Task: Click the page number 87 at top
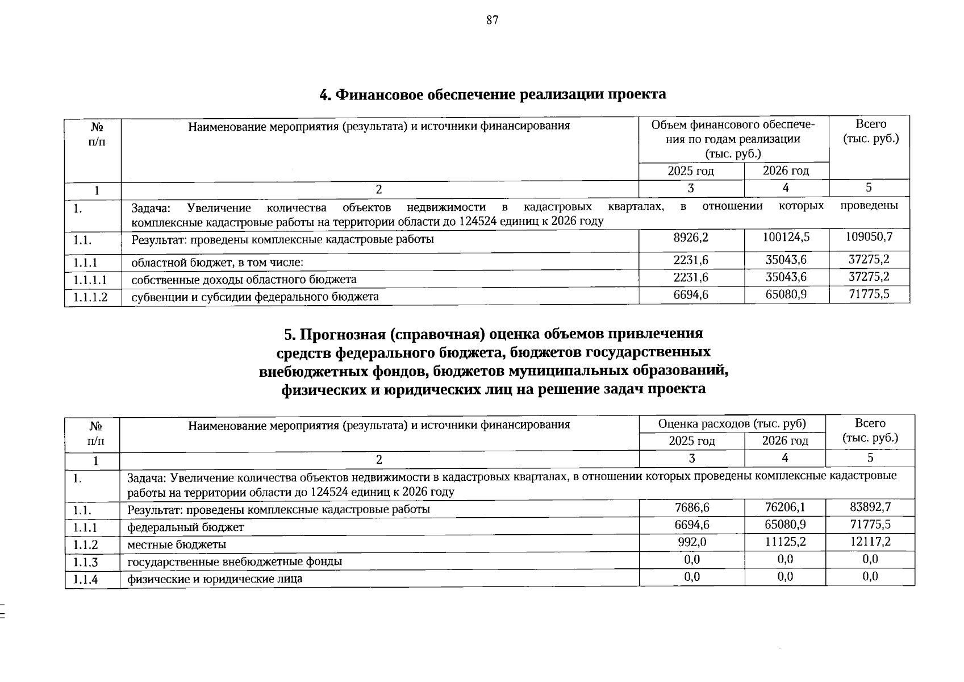click(x=492, y=20)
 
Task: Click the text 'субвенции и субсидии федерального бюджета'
click(x=255, y=297)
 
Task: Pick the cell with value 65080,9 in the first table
click(x=786, y=294)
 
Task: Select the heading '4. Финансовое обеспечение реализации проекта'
click(x=493, y=94)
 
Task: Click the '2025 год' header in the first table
click(x=691, y=170)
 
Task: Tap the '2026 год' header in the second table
click(x=785, y=440)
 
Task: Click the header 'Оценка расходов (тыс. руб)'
click(x=732, y=423)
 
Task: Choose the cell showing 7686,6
click(x=692, y=507)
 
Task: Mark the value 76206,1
click(x=785, y=507)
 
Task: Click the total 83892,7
click(x=870, y=507)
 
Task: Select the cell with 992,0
click(x=692, y=542)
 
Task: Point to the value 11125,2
click(x=785, y=542)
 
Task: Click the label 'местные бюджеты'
click(x=177, y=544)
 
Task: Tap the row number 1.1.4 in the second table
click(x=86, y=579)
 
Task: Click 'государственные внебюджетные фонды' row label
click(x=235, y=562)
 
